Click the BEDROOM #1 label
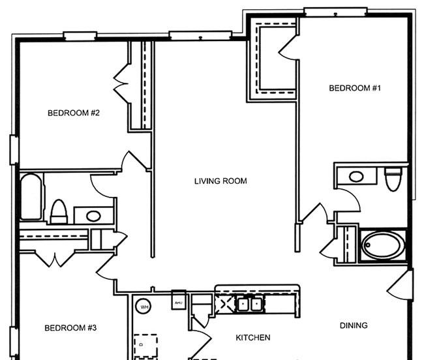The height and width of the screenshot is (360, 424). click(354, 89)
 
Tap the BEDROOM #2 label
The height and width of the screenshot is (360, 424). click(74, 113)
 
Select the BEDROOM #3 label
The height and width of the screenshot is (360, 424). click(70, 328)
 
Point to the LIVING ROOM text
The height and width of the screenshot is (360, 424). click(220, 181)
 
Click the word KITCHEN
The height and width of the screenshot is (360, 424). click(252, 338)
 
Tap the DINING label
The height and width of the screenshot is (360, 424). click(354, 325)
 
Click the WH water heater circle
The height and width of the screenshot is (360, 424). click(143, 306)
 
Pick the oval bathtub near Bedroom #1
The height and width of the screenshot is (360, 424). click(383, 245)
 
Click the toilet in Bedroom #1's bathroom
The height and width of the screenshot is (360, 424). click(393, 178)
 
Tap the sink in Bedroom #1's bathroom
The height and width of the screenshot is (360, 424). click(356, 176)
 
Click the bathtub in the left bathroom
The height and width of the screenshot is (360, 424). click(29, 197)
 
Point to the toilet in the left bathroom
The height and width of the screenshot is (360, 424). click(59, 211)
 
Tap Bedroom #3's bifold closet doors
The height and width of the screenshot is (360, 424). click(55, 259)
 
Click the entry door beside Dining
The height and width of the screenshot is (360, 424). click(401, 284)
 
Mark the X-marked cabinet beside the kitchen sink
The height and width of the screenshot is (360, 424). click(226, 304)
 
